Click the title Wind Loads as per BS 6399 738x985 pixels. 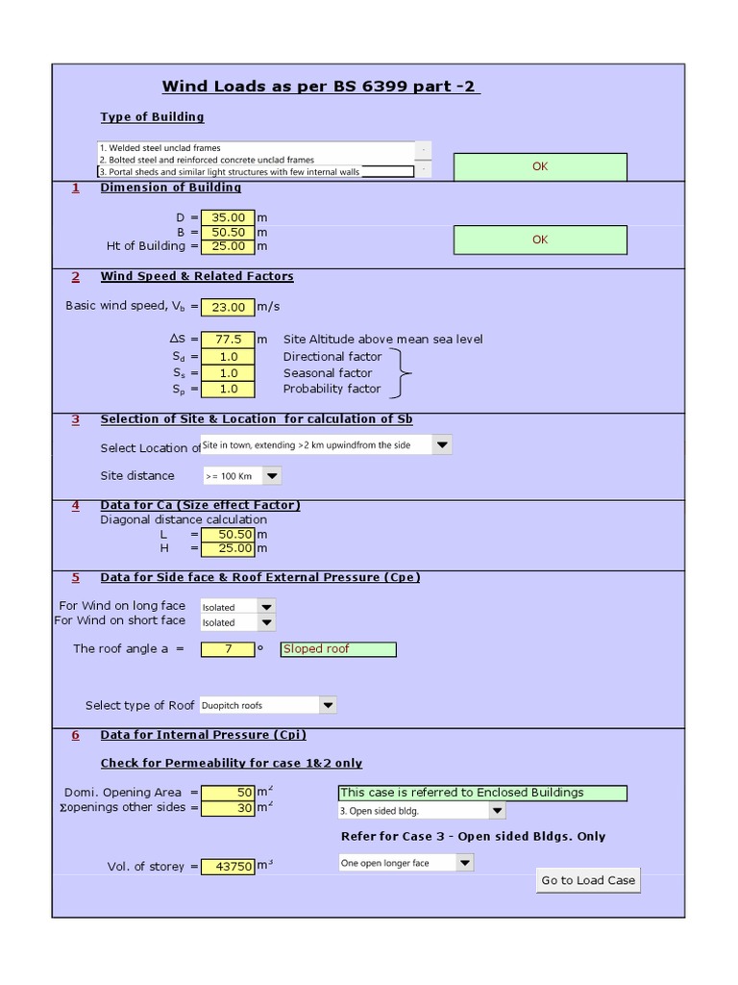pyautogui.click(x=321, y=87)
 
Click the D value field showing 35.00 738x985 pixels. pyautogui.click(x=228, y=218)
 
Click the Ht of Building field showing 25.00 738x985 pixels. pyautogui.click(x=228, y=246)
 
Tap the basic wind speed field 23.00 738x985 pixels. pyautogui.click(x=228, y=307)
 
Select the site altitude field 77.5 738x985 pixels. pyautogui.click(x=228, y=340)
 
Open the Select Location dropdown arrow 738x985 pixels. pyautogui.click(x=441, y=445)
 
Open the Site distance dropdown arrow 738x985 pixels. pyautogui.click(x=272, y=476)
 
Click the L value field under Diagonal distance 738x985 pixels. pyautogui.click(x=228, y=534)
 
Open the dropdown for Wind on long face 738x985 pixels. pyautogui.click(x=266, y=607)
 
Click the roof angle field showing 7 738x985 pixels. pyautogui.click(x=228, y=649)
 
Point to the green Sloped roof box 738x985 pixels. pyautogui.click(x=337, y=649)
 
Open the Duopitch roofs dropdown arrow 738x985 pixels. pyautogui.click(x=328, y=705)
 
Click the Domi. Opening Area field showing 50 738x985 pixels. pyautogui.click(x=228, y=793)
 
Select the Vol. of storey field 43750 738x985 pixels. pyautogui.click(x=228, y=867)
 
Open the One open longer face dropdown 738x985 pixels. pyautogui.click(x=464, y=863)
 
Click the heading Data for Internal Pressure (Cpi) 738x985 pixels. pyautogui.click(x=203, y=735)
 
